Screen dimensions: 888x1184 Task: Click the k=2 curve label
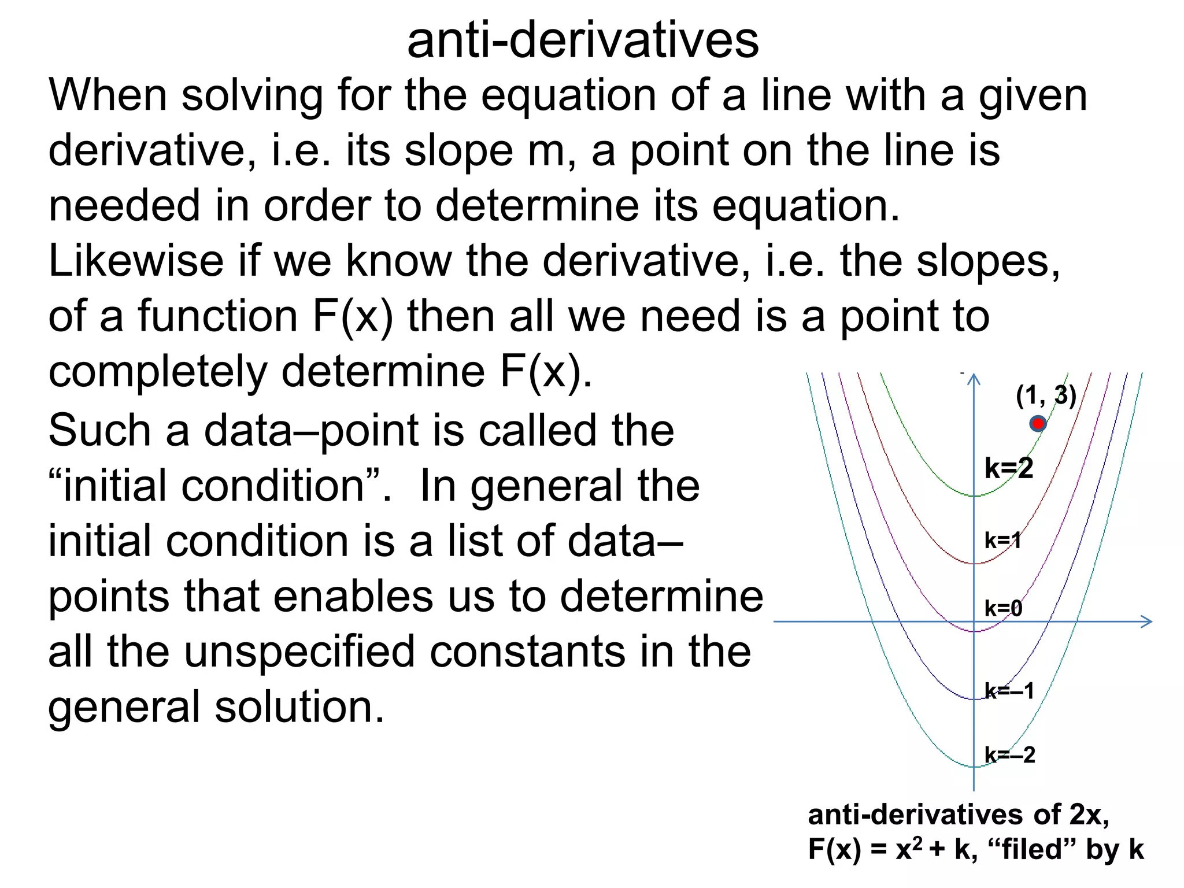(1009, 468)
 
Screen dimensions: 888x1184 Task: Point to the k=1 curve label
(1002, 541)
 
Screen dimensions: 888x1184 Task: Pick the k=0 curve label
(1003, 608)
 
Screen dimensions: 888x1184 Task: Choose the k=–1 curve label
(1009, 691)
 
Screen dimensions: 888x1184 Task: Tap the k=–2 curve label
(1009, 754)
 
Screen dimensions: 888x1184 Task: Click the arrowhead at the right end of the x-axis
(1147, 621)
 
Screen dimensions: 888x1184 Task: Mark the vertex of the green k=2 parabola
(974, 495)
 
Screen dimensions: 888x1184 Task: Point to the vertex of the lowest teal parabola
(974, 767)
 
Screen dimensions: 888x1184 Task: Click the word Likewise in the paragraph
(136, 261)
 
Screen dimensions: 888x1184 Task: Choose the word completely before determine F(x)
(157, 371)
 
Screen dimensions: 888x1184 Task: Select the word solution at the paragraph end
(299, 706)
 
